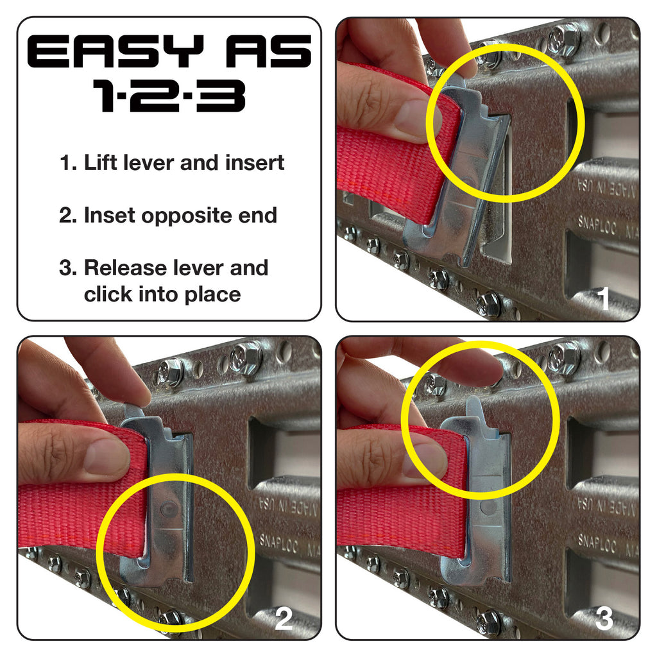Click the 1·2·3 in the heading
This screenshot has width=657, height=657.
169,97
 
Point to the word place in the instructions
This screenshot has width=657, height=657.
212,294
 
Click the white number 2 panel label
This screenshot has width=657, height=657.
283,619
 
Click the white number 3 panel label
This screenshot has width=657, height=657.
603,619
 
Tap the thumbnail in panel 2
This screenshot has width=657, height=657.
107,456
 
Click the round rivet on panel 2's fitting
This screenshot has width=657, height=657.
169,509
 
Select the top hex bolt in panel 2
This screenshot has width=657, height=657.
246,357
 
